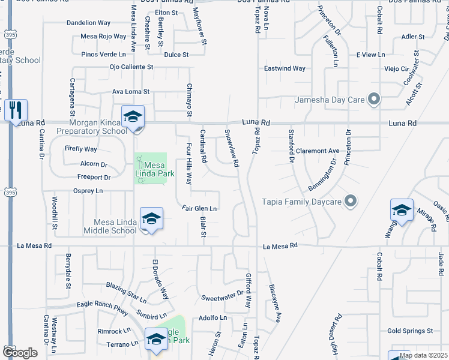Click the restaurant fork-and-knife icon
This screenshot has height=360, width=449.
coord(16,110)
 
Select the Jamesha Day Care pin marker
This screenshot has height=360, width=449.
coord(374,99)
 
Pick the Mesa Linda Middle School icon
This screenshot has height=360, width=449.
coord(151,218)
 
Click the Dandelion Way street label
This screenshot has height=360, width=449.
coord(88,23)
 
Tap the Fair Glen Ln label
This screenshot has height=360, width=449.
coord(199,209)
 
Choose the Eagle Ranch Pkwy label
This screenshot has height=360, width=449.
coord(103,305)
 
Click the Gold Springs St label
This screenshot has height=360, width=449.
coord(410,331)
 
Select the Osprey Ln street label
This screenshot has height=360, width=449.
coord(88,191)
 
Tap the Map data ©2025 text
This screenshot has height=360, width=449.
coord(423,356)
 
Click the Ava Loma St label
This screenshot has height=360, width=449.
coord(130,92)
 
